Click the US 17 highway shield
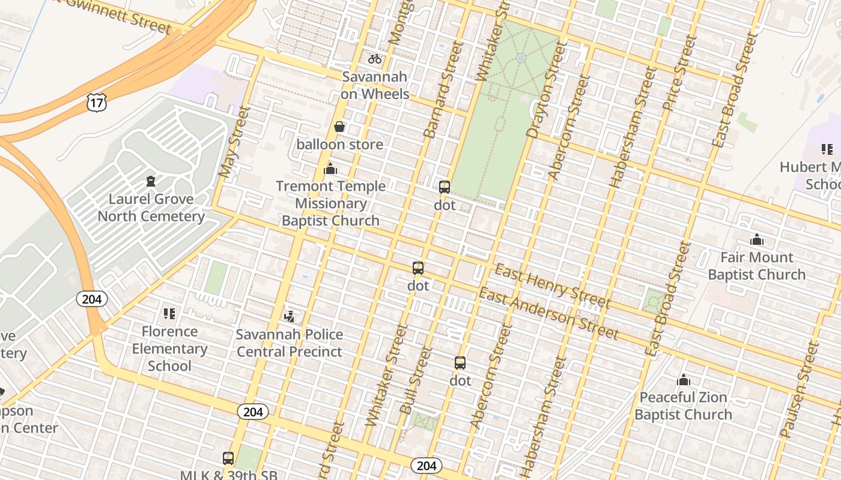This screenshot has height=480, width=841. click(x=96, y=102)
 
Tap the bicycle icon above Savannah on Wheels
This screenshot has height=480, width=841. click(x=375, y=59)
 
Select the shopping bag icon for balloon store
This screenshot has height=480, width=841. click(x=339, y=127)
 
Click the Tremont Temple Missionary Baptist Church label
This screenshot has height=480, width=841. click(x=330, y=203)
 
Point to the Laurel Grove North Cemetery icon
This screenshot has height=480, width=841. click(x=151, y=181)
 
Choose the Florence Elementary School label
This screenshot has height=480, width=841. click(x=169, y=349)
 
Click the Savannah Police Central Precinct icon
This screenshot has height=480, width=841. click(x=290, y=316)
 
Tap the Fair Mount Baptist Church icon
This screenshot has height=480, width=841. click(x=756, y=240)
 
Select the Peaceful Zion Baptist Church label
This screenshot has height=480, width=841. click(x=683, y=406)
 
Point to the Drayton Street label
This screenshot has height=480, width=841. click(x=542, y=91)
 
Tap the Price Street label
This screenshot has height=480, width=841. click(x=679, y=73)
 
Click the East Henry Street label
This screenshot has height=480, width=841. click(x=551, y=286)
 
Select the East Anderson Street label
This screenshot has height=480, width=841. click(x=548, y=313)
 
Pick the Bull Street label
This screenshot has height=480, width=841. click(x=416, y=380)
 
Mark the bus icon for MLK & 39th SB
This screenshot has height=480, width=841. click(x=228, y=458)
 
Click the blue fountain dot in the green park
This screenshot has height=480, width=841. click(x=521, y=58)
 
